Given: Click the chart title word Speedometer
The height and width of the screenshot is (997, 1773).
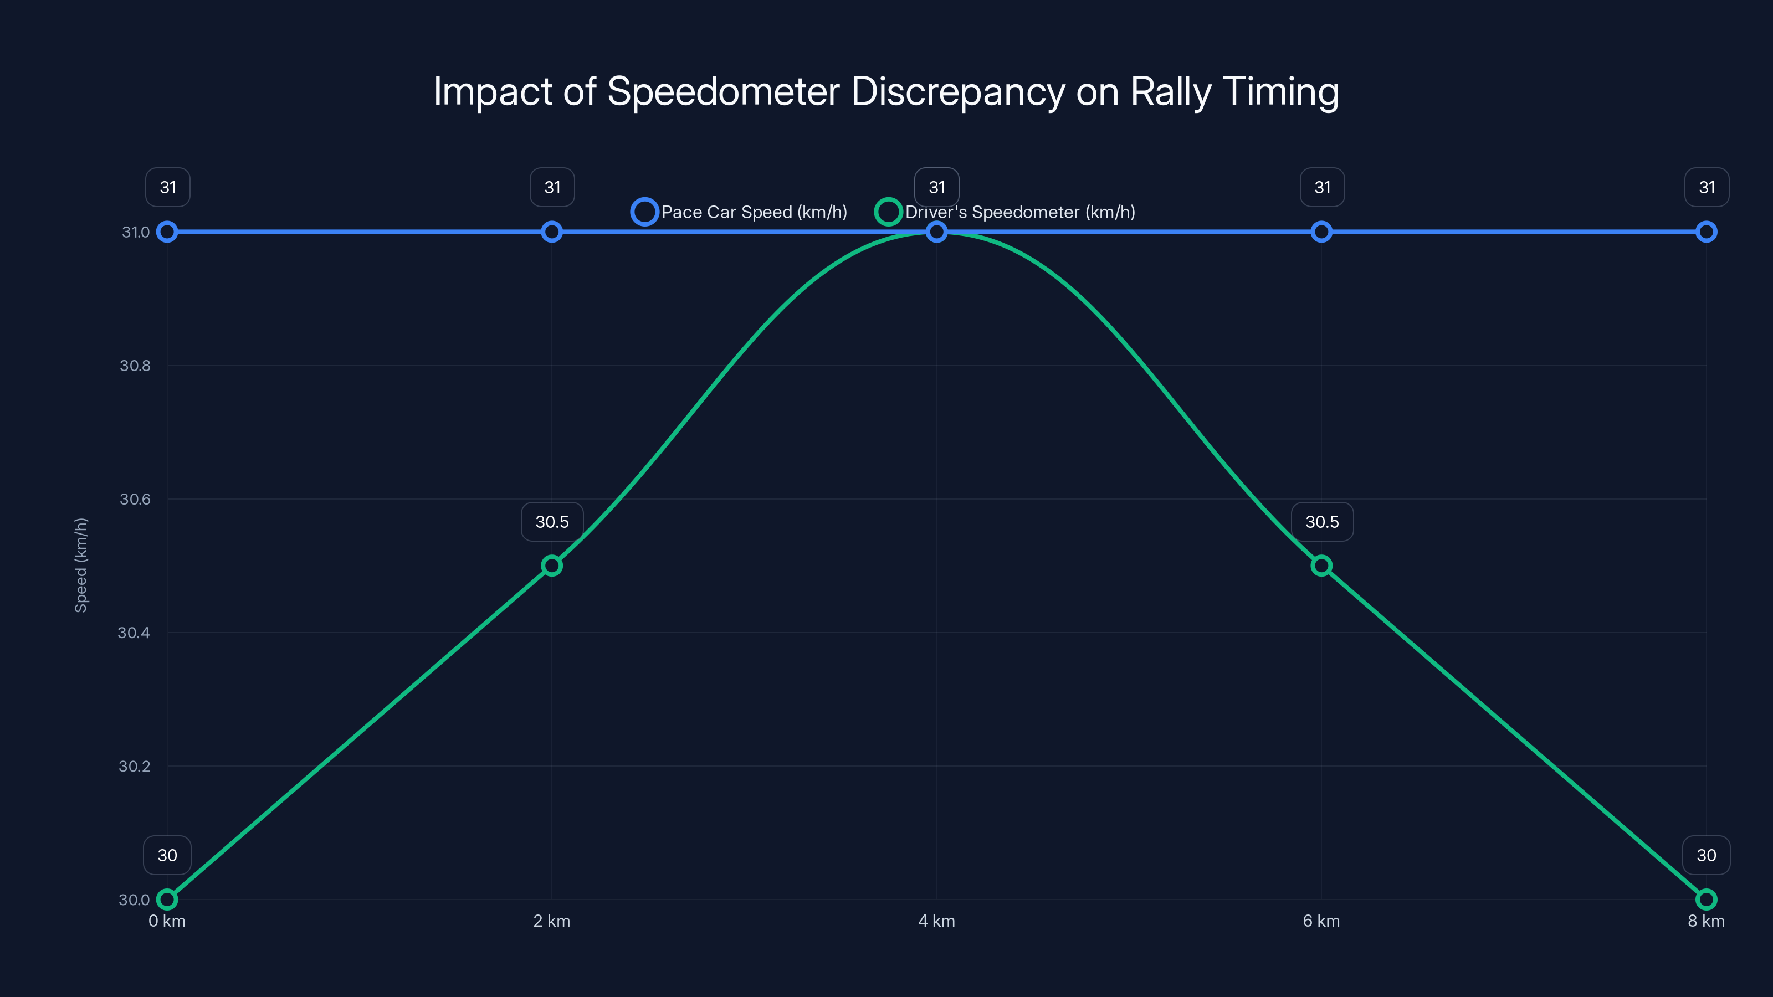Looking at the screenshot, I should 722,91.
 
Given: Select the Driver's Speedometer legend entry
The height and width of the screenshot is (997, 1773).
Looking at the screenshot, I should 1006,212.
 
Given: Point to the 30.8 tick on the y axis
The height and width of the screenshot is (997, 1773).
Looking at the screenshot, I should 135,366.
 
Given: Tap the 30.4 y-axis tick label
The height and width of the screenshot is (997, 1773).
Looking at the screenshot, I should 134,633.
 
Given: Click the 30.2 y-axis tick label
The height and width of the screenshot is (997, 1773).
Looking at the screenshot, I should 134,766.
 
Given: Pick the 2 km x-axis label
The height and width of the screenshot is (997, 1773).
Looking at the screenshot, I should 551,921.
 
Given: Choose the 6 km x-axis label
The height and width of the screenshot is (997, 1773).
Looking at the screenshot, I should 1321,921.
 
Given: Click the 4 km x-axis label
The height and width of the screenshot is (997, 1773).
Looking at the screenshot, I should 936,921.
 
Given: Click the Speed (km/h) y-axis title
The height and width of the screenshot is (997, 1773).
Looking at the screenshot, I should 81,565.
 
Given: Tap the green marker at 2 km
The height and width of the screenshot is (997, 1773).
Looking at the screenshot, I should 551,566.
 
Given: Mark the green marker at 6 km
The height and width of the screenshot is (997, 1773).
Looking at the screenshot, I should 1321,566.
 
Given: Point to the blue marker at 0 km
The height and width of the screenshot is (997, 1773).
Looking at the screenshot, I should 167,232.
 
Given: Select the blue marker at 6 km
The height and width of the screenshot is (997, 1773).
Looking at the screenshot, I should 1321,232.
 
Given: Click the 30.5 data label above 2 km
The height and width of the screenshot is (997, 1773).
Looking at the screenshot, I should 552,522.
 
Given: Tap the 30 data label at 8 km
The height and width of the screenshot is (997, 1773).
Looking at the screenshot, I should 1705,855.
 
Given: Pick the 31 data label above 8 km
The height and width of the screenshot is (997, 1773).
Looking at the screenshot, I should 1707,187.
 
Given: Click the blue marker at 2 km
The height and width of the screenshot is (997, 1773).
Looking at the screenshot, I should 551,232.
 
